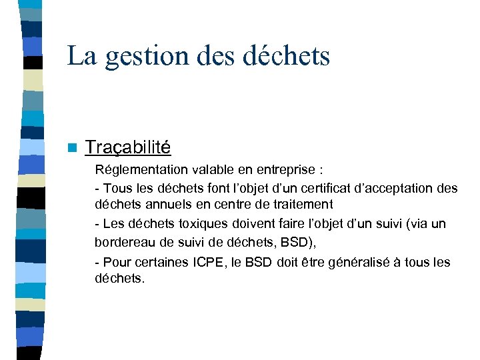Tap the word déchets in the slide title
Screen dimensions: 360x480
coord(287,56)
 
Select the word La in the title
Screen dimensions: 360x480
coord(82,56)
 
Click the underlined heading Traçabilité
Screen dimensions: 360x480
coord(128,147)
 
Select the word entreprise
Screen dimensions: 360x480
coord(282,170)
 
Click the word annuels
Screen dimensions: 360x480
coord(165,205)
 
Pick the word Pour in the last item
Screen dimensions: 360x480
coord(117,262)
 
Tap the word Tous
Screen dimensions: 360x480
coord(119,188)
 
